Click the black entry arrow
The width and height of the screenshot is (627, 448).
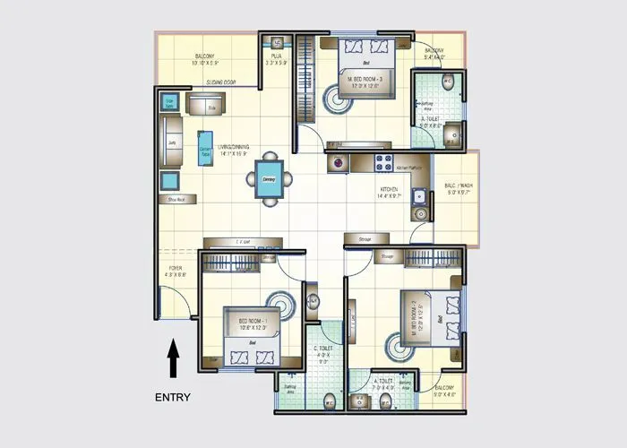click(174, 358)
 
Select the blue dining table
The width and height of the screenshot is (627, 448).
click(269, 178)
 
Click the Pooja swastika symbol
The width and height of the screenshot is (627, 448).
click(279, 42)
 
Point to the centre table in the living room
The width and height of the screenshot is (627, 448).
click(204, 149)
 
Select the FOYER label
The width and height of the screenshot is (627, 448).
click(176, 271)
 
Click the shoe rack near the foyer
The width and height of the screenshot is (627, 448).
click(176, 200)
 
